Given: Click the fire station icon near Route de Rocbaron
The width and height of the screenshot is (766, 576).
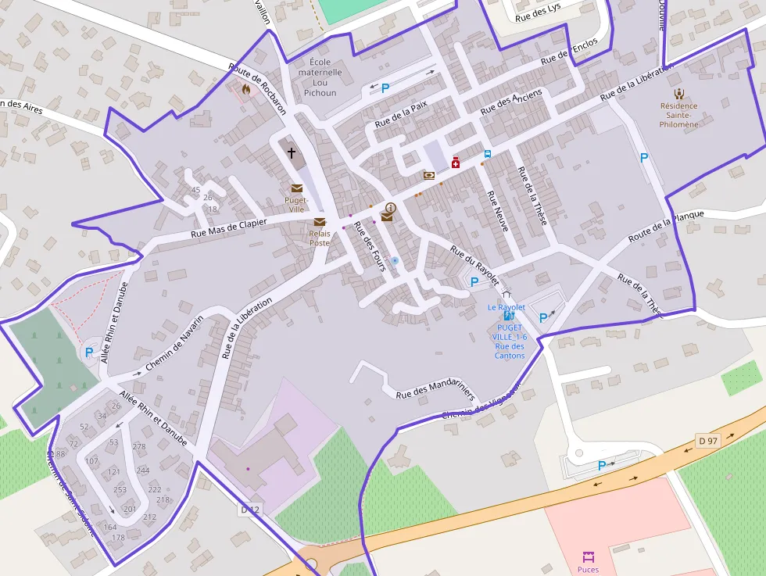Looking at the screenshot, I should coord(246,89).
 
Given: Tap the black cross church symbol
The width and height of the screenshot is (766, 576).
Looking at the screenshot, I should coord(292,153).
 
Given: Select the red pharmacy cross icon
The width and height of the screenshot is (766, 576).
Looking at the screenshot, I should coord(455,163).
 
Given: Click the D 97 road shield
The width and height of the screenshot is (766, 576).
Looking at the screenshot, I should coord(707,441).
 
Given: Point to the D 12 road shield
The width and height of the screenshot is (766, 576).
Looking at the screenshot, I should coord(249,510).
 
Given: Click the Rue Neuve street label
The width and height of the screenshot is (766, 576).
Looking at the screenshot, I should coord(498,211).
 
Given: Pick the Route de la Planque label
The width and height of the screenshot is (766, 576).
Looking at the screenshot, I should coord(666,226).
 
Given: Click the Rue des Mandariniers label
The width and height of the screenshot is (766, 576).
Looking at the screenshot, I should coord(435,390).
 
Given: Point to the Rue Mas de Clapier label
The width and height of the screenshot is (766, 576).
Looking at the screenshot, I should coord(229,228).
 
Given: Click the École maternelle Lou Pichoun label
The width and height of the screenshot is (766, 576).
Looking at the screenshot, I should coord(320,77).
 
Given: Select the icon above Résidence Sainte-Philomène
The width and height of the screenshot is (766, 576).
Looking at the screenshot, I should coord(678,92).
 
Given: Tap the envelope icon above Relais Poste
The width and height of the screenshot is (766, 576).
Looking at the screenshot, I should coord(320,223).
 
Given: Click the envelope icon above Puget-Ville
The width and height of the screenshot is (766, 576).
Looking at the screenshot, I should coord(297,188).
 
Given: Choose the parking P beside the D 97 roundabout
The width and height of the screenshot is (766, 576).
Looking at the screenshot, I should coord(601,466).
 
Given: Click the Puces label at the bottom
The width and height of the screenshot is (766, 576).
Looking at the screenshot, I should coord(588,570).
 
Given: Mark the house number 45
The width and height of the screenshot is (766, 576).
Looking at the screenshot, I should coord(195,190).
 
